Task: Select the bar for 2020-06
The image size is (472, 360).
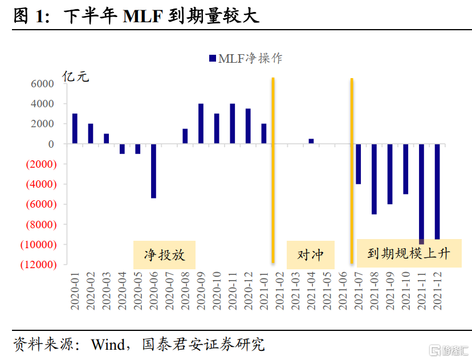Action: pos(153,171)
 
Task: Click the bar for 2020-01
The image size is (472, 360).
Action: pos(75,129)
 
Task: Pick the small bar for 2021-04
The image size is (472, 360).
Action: pos(311,141)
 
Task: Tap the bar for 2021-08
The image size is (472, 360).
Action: pos(374,179)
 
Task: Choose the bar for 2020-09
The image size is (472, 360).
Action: pos(201,124)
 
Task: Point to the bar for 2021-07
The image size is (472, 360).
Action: pos(359,164)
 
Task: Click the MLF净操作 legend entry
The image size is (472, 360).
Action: pos(246,58)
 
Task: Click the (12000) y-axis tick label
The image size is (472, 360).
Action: pos(38,265)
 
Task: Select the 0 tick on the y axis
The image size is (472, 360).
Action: pos(51,144)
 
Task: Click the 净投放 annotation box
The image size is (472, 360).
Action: pos(164,254)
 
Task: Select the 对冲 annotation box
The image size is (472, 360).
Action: pos(311,254)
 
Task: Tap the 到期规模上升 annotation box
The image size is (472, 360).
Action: pos(408,253)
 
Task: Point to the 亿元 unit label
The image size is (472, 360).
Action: pos(75,76)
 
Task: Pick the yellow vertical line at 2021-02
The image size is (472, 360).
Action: pos(273,171)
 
